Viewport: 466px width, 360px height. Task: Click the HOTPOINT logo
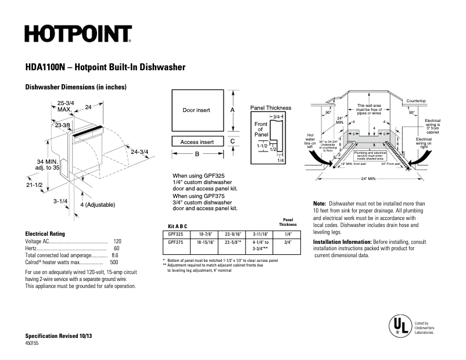tap(78, 34)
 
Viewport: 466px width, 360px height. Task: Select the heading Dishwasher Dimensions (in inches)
tap(76, 87)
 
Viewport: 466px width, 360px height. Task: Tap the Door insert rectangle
tap(196, 110)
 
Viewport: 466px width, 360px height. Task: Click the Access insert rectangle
tap(196, 142)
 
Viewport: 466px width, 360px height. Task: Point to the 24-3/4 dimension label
tap(140, 152)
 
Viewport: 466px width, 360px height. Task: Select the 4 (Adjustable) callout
tap(98, 204)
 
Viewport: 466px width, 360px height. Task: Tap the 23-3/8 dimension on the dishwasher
tap(63, 125)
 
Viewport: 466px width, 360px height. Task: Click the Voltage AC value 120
tap(117, 241)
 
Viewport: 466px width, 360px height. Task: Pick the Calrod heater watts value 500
tap(114, 262)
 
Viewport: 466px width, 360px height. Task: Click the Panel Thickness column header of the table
tap(287, 222)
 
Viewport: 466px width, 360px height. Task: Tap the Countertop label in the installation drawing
tap(416, 101)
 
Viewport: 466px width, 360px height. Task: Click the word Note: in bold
tap(320, 204)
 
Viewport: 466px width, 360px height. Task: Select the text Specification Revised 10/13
tap(59, 336)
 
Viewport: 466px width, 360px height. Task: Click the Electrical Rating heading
tap(48, 233)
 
